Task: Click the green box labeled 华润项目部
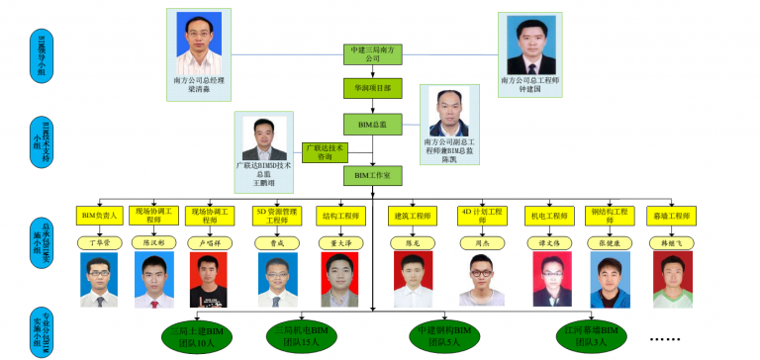[x=373, y=88]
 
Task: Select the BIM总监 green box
[x=373, y=124]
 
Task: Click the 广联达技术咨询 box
[x=325, y=152]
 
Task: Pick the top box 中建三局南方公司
[x=373, y=53]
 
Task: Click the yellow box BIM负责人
[x=100, y=215]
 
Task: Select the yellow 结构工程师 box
[x=338, y=215]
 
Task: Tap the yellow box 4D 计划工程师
[x=482, y=215]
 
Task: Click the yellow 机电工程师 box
[x=550, y=215]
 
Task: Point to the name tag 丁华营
[x=100, y=241]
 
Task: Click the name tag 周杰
[x=482, y=241]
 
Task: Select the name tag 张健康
[x=610, y=241]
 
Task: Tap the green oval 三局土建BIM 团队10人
[x=197, y=336]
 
